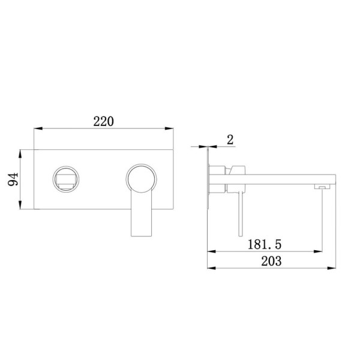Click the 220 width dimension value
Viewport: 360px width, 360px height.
[103, 122]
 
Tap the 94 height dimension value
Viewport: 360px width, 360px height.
[13, 179]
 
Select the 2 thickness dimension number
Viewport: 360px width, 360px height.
[230, 140]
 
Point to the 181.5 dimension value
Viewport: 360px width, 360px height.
[265, 244]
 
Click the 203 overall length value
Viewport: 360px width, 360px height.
[271, 261]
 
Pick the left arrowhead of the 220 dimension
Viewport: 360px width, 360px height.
[38, 128]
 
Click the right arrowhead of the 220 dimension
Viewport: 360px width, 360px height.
[169, 128]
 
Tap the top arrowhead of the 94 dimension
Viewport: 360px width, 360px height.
[20, 154]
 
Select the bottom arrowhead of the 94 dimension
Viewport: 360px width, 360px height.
[20, 205]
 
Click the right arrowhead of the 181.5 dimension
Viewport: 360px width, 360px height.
[318, 251]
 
